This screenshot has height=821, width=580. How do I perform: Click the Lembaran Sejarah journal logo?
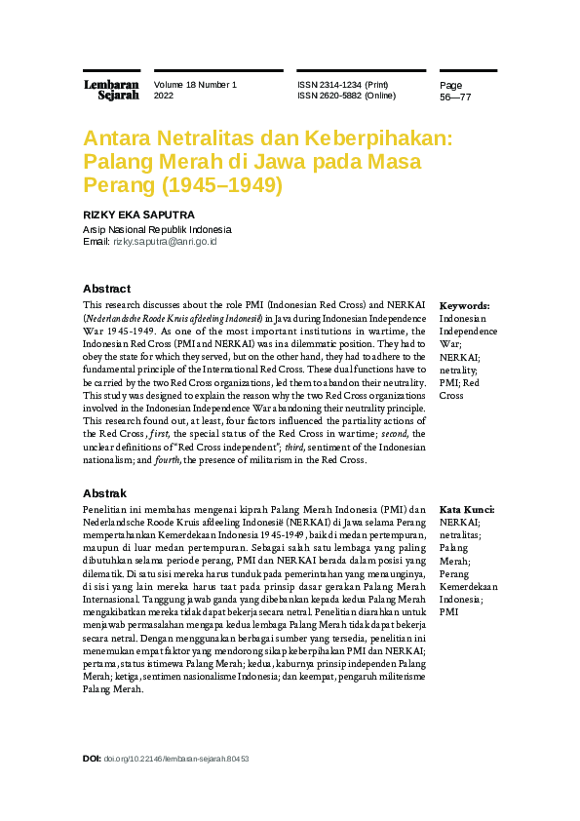click(111, 90)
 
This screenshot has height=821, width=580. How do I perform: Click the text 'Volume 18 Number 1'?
click(195, 85)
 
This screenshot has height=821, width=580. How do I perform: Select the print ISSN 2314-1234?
click(349, 85)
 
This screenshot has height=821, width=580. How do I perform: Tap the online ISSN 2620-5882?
click(347, 97)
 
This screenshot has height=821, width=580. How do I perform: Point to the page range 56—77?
click(455, 98)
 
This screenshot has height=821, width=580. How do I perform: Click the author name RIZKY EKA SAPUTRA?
click(138, 215)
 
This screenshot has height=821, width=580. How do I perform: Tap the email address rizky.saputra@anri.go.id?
click(165, 241)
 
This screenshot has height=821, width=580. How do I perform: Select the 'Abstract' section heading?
click(106, 289)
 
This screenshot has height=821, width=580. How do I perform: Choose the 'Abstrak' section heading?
click(104, 494)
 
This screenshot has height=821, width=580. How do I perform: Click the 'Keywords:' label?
click(465, 306)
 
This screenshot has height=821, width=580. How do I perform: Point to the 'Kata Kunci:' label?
click(467, 510)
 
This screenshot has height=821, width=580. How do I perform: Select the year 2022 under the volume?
click(164, 97)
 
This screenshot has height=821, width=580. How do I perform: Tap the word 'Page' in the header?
click(451, 85)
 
